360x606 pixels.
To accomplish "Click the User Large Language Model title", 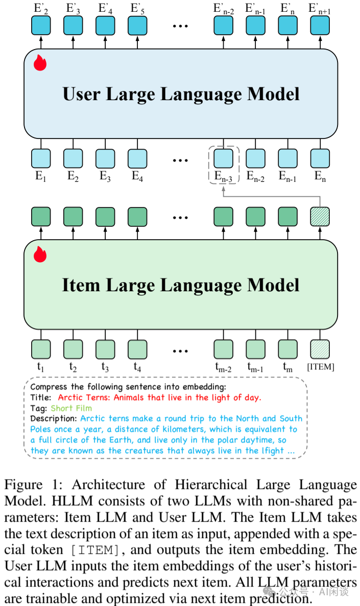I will (181, 94).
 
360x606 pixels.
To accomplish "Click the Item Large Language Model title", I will (181, 285).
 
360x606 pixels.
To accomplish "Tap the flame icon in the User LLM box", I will (40, 63).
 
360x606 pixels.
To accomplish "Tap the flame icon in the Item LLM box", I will (40, 254).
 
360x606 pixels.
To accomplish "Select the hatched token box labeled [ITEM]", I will (320, 349).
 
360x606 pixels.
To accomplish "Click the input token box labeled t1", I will (41, 349).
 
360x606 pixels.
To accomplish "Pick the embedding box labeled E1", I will (41, 158).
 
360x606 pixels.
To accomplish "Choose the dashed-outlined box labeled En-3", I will (223, 158).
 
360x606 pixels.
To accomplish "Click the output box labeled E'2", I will (41, 25).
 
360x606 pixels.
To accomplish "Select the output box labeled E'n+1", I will (320, 25).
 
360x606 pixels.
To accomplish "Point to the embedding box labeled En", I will (320, 158).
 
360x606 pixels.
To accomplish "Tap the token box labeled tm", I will (288, 349).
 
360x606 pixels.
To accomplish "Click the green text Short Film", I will (71, 408).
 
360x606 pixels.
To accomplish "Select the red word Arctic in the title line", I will (70, 398).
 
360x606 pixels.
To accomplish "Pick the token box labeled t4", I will (137, 349).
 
